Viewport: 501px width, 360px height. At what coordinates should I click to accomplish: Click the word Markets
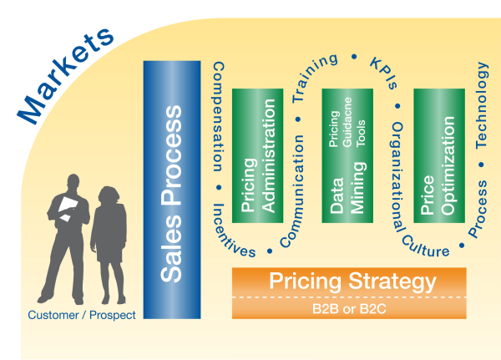pyautogui.click(x=65, y=75)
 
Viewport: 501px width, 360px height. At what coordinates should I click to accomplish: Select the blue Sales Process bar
pyautogui.click(x=172, y=190)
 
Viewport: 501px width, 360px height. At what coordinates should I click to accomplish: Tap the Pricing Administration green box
pyautogui.click(x=257, y=155)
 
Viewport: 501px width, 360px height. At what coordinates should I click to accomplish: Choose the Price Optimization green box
pyautogui.click(x=439, y=155)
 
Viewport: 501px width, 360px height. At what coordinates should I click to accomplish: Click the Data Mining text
pyautogui.click(x=347, y=188)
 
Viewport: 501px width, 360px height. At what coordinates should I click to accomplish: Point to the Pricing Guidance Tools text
pyautogui.click(x=347, y=123)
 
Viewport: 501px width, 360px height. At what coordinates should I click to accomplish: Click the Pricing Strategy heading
pyautogui.click(x=352, y=281)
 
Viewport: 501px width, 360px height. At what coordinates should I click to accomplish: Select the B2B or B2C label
pyautogui.click(x=349, y=309)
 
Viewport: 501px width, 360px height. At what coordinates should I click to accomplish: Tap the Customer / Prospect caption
pyautogui.click(x=82, y=315)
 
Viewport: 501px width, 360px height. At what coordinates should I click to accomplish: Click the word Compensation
pyautogui.click(x=218, y=117)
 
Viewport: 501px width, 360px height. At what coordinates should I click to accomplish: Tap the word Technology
pyautogui.click(x=482, y=105)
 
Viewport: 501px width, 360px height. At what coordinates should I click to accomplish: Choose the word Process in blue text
pyautogui.click(x=478, y=209)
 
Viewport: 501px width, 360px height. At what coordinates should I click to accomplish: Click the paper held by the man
pyautogui.click(x=68, y=208)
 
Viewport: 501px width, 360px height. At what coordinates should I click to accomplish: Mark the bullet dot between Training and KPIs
pyautogui.click(x=354, y=57)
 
